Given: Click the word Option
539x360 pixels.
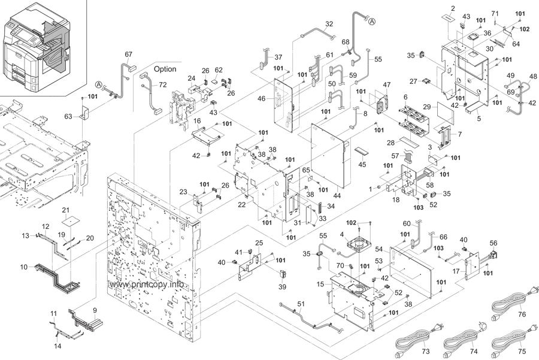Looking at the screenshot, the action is click(x=165, y=69).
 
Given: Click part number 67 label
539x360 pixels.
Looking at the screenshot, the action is click(x=129, y=55).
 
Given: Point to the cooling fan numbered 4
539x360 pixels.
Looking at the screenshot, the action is click(x=359, y=244).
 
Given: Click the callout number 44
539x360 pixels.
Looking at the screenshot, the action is click(x=337, y=196).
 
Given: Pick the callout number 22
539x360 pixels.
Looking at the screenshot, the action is click(x=242, y=205).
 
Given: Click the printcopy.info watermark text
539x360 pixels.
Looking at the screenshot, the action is click(x=147, y=285).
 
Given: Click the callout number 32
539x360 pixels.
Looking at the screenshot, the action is click(x=329, y=24).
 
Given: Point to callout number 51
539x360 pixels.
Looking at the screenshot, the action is click(x=301, y=304).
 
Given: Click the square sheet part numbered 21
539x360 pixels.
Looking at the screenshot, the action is click(x=71, y=221).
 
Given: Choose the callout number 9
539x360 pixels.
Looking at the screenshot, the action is click(x=95, y=310).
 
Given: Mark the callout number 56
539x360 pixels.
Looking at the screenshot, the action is click(x=493, y=243).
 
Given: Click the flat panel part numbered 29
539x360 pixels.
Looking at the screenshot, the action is click(x=446, y=113).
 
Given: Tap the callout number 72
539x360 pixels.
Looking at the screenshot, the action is click(x=162, y=84).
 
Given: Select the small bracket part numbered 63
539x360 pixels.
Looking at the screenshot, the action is click(x=84, y=113).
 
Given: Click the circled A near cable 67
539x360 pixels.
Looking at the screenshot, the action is click(x=98, y=84).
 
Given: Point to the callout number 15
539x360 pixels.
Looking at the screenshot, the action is click(x=320, y=285).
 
